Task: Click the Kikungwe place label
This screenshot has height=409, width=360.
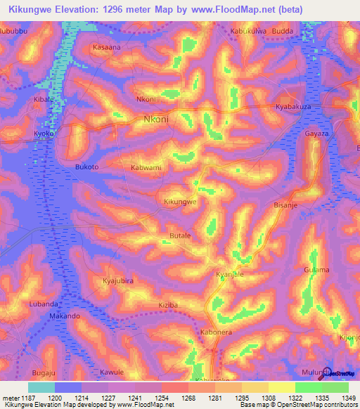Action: pyautogui.click(x=179, y=202)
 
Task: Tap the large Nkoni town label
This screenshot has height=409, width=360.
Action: pyautogui.click(x=155, y=119)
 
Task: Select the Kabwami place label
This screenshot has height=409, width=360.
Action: pyautogui.click(x=146, y=168)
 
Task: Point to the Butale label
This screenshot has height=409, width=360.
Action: pyautogui.click(x=181, y=235)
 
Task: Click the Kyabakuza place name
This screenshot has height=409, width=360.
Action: pyautogui.click(x=293, y=106)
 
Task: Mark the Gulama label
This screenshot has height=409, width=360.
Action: pyautogui.click(x=316, y=270)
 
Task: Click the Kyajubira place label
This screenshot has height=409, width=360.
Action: pyautogui.click(x=118, y=281)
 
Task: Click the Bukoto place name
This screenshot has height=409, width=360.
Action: pyautogui.click(x=86, y=167)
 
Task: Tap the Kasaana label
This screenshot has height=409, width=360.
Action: pyautogui.click(x=107, y=47)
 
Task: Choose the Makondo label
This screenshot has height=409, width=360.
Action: pyautogui.click(x=64, y=317)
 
